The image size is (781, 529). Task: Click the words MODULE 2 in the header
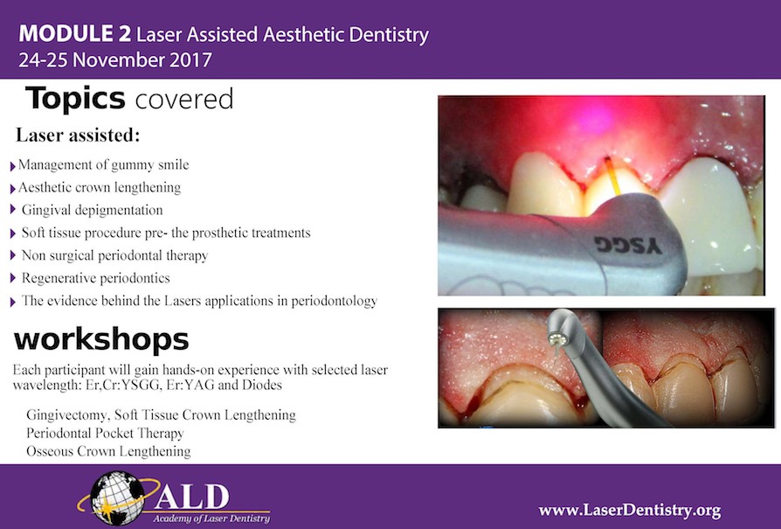click(x=75, y=36)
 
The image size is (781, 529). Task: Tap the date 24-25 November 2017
click(x=114, y=61)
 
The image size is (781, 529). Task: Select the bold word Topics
click(x=75, y=99)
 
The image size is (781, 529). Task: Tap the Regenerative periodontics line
click(x=96, y=278)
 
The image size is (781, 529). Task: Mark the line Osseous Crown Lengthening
click(x=108, y=451)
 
